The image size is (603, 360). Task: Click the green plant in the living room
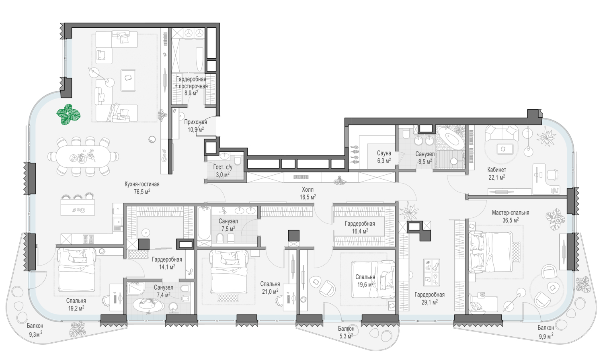[x=68, y=115]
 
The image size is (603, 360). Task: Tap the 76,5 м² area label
[x=142, y=192]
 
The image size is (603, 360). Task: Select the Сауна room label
[x=384, y=153]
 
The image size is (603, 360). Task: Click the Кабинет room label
[x=496, y=170]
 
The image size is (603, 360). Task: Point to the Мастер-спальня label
[x=511, y=213]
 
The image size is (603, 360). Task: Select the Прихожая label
[x=195, y=122]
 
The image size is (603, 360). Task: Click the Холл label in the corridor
[x=308, y=190]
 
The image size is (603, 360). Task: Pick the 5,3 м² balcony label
[x=346, y=336]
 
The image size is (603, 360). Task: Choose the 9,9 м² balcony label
[x=546, y=336]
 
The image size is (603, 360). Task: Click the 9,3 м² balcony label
[x=36, y=334]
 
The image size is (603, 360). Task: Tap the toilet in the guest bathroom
[x=238, y=160]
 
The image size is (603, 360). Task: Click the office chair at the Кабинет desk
[x=552, y=174]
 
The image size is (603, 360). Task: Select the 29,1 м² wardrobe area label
[x=429, y=302]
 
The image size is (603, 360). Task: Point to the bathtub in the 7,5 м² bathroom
[x=204, y=224]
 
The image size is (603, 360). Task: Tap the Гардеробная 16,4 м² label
[x=360, y=227]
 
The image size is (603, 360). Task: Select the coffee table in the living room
[x=128, y=80]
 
